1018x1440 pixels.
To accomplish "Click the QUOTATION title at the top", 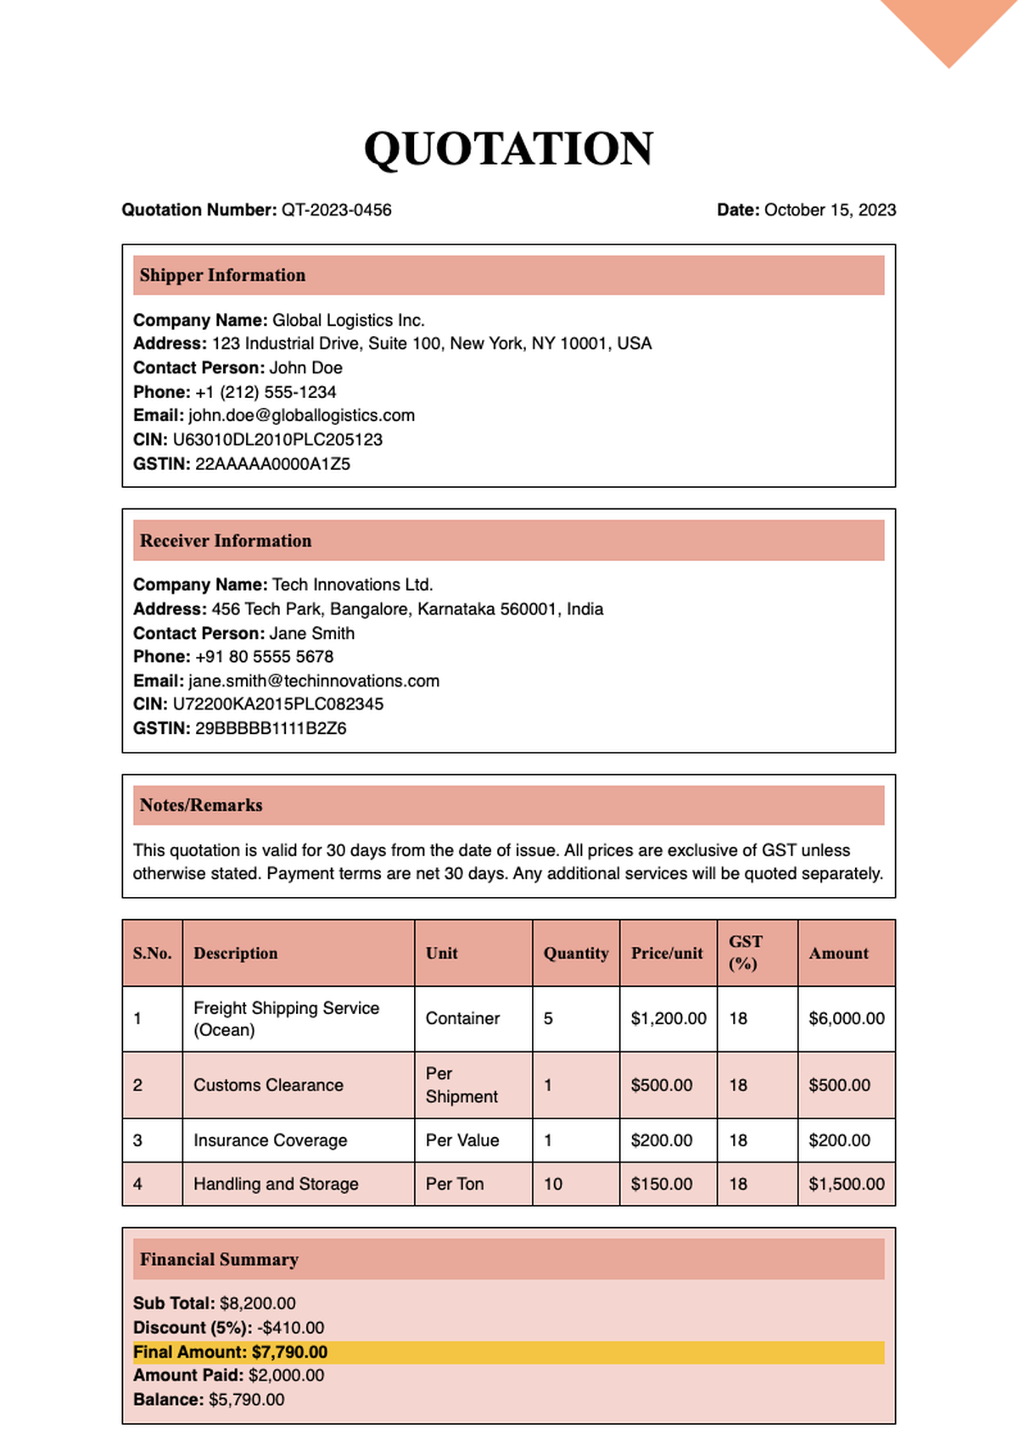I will click(x=508, y=148).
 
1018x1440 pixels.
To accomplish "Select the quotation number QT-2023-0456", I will click(x=336, y=210).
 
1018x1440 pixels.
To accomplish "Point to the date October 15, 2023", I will click(x=829, y=210).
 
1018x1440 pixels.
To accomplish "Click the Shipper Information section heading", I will click(x=222, y=275).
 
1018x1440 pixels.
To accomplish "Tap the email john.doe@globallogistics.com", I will click(x=301, y=415).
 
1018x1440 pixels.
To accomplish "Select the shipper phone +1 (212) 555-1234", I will click(x=266, y=392).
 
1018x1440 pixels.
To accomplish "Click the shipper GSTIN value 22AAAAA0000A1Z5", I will click(x=272, y=463).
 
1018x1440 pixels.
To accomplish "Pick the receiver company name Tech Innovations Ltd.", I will click(x=352, y=585).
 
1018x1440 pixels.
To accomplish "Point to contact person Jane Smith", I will click(x=311, y=633).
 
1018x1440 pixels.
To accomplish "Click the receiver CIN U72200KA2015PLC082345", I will click(x=277, y=703).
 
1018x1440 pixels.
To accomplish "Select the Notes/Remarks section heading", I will click(x=201, y=805).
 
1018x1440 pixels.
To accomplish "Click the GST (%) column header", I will click(x=745, y=952).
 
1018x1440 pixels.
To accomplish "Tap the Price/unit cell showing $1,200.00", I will click(x=668, y=1018).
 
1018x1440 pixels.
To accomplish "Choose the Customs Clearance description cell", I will click(x=268, y=1084).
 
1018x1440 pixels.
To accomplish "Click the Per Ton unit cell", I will click(x=455, y=1184).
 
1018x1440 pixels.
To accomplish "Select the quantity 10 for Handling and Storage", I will click(x=553, y=1184).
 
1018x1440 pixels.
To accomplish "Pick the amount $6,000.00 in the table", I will click(x=846, y=1018).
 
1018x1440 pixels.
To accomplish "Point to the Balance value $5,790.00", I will click(x=246, y=1399).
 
